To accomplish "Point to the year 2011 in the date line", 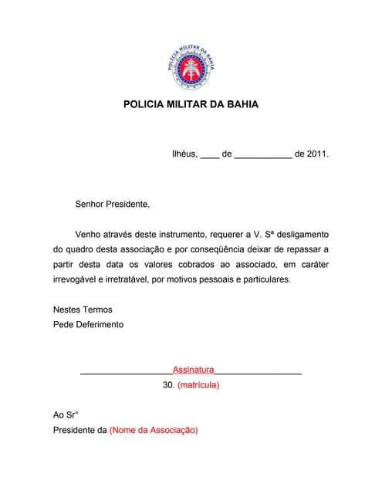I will (x=317, y=154).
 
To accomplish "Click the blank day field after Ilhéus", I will (x=209, y=155).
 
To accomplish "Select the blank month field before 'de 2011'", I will (x=262, y=155).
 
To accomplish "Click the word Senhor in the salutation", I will (x=91, y=205).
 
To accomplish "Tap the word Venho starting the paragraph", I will (x=90, y=234).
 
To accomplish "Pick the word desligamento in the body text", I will (x=300, y=234).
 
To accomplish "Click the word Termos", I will (x=96, y=310).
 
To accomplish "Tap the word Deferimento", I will (x=98, y=324).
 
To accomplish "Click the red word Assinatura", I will (x=193, y=370).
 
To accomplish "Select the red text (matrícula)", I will (x=198, y=384).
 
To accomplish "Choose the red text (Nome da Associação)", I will (x=154, y=430).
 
